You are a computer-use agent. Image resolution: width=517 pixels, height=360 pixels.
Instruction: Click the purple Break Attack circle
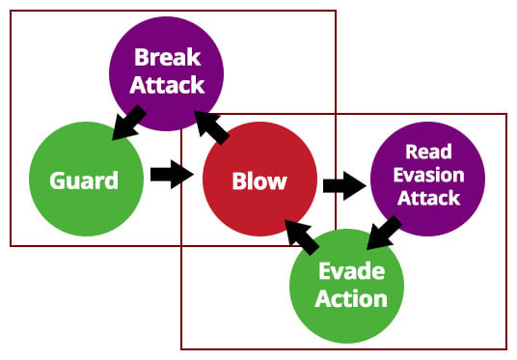pyautogui.click(x=167, y=73)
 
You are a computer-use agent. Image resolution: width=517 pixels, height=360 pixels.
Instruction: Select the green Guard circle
pyautogui.click(x=87, y=179)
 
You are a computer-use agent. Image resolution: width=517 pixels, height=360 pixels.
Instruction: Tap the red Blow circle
pyautogui.click(x=259, y=179)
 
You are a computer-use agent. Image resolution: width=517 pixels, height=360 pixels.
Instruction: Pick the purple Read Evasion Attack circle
pyautogui.click(x=428, y=179)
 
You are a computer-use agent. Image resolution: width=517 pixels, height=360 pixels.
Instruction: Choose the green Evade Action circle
pyautogui.click(x=346, y=286)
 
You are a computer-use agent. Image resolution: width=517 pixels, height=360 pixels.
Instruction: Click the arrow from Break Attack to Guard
pyautogui.click(x=128, y=123)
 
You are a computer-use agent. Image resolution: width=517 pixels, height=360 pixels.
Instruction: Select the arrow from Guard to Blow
pyautogui.click(x=172, y=175)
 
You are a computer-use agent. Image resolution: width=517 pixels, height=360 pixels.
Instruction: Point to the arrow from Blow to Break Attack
pyautogui.click(x=211, y=127)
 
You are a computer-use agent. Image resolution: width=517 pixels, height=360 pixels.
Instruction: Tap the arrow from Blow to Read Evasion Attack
pyautogui.click(x=344, y=185)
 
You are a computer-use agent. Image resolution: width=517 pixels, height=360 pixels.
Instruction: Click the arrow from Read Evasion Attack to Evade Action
pyautogui.click(x=384, y=233)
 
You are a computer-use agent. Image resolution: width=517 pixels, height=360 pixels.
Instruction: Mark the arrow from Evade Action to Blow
pyautogui.click(x=302, y=237)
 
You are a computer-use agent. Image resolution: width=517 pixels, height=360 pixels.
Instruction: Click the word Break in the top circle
pyautogui.click(x=168, y=57)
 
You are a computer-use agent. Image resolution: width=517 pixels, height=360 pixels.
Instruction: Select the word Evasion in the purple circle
pyautogui.click(x=428, y=175)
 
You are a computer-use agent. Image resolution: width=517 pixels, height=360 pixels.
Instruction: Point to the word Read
pyautogui.click(x=428, y=152)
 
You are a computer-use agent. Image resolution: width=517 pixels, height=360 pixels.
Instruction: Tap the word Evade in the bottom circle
pyautogui.click(x=351, y=271)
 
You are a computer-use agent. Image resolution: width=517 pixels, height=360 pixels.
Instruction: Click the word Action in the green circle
pyautogui.click(x=351, y=299)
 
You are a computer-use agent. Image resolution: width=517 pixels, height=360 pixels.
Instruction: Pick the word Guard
pyautogui.click(x=84, y=180)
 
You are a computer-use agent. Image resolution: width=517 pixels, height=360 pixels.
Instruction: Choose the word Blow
pyautogui.click(x=259, y=180)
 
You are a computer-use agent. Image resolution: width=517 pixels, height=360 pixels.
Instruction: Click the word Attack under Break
pyautogui.click(x=167, y=85)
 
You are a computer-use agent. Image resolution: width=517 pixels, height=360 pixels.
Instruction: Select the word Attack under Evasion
pyautogui.click(x=428, y=198)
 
